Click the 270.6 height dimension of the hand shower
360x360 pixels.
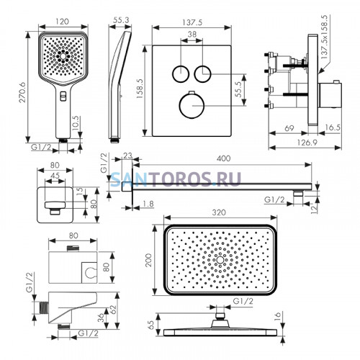22,92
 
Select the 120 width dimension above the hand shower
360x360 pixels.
62,22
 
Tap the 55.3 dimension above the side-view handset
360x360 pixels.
121,20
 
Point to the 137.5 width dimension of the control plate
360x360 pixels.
192,22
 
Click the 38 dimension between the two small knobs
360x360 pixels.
192,35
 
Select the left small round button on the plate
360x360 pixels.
181,73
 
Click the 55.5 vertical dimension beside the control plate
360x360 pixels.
238,89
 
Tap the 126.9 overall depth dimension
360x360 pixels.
307,143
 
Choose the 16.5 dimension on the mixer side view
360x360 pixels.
333,127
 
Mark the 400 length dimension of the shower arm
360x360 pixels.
223,158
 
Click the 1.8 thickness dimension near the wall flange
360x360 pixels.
148,204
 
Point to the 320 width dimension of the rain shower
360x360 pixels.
219,212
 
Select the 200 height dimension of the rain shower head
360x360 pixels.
149,260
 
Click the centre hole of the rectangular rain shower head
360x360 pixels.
220,260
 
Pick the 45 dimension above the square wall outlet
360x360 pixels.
55,176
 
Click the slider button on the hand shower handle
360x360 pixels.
63,96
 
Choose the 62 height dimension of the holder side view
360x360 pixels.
113,310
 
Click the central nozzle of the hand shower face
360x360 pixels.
63,56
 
